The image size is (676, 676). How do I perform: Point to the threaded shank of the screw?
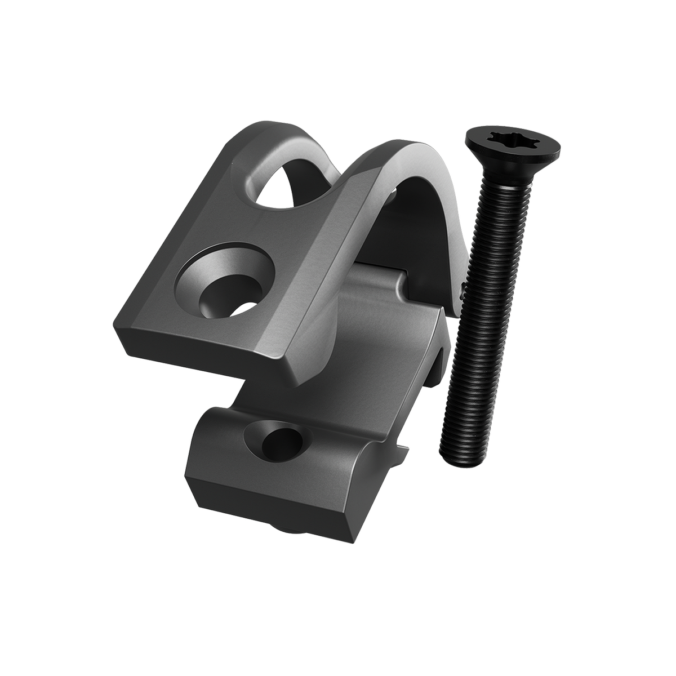(x=479, y=315)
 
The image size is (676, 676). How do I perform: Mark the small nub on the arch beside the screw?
(x=461, y=290)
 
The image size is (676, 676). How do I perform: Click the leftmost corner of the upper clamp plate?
(x=119, y=332)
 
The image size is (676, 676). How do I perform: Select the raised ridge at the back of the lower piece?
(x=383, y=282)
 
